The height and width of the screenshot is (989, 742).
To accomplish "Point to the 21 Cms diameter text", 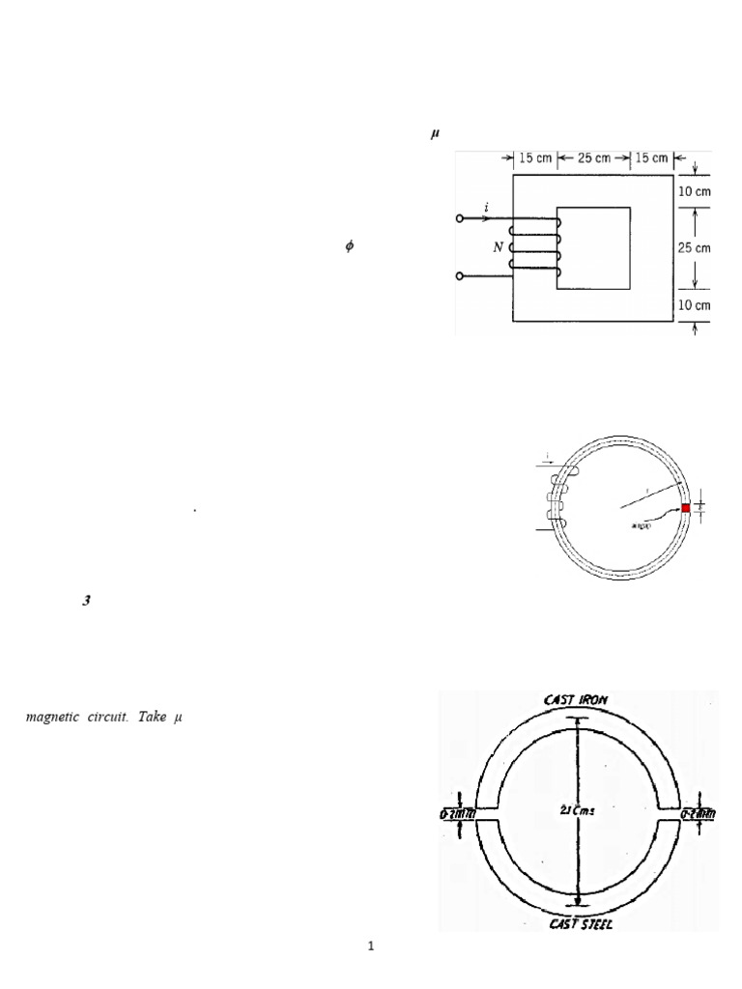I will click(577, 810).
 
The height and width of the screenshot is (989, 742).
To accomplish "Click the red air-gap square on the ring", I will click(686, 508).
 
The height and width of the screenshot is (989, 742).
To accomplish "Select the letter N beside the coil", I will click(499, 246).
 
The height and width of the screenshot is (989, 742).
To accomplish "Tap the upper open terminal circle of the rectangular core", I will click(460, 219).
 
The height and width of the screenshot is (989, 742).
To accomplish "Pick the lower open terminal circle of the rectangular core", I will click(460, 277).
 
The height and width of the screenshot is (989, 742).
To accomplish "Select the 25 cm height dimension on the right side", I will click(696, 247).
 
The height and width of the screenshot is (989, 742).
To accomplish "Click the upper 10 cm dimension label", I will click(696, 190).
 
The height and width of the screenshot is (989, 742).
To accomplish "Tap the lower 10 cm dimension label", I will click(696, 305).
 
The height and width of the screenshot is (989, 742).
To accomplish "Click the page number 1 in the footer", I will click(371, 947).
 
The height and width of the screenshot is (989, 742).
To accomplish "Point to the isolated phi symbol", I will click(350, 247).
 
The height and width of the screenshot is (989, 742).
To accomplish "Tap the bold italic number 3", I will click(87, 601).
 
